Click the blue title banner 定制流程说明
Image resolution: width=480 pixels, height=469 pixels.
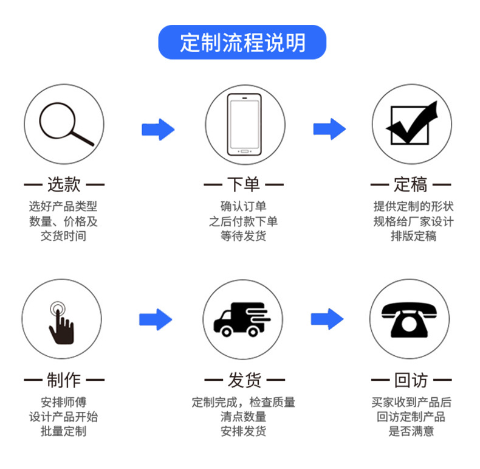pyautogui.click(x=242, y=43)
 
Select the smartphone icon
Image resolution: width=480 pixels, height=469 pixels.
pyautogui.click(x=244, y=124)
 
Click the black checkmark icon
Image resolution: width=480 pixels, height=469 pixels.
pyautogui.click(x=411, y=123)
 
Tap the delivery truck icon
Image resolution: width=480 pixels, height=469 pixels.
pyautogui.click(x=241, y=319)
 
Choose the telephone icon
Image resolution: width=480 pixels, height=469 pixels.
pyautogui.click(x=409, y=319)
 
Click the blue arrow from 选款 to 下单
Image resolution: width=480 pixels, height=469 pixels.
pyautogui.click(x=158, y=129)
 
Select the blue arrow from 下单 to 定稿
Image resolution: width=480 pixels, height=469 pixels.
pyautogui.click(x=329, y=129)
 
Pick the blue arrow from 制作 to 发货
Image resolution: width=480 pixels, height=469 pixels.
pyautogui.click(x=156, y=319)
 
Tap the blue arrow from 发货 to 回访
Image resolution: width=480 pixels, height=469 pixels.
pyautogui.click(x=327, y=319)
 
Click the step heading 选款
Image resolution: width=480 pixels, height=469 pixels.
pyautogui.click(x=64, y=184)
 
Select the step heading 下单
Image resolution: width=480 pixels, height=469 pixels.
pyautogui.click(x=244, y=184)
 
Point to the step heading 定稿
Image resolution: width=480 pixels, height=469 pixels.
pyautogui.click(x=411, y=184)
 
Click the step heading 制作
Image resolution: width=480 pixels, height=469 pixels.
pyautogui.click(x=64, y=381)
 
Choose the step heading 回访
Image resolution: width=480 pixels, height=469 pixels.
pyautogui.click(x=411, y=381)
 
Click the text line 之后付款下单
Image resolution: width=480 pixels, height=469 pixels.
pyautogui.click(x=244, y=221)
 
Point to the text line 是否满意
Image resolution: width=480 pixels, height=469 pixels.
pyautogui.click(x=411, y=431)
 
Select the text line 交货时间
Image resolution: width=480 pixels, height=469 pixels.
pyautogui.click(x=63, y=236)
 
